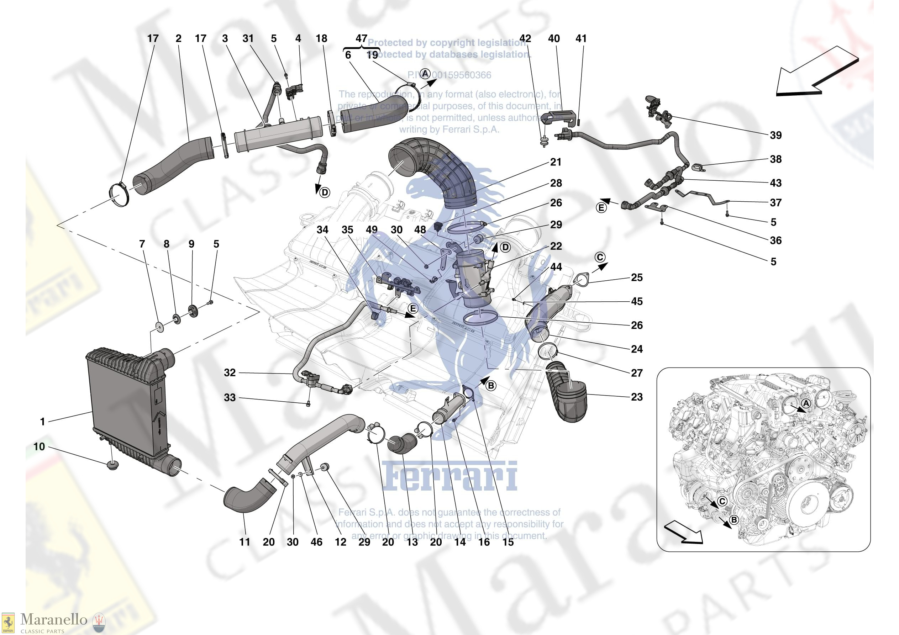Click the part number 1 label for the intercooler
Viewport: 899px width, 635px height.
pyautogui.click(x=42, y=422)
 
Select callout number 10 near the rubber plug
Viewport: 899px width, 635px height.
pyautogui.click(x=39, y=447)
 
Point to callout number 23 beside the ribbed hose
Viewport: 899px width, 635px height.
pyautogui.click(x=637, y=397)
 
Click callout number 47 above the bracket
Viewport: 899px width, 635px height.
pyautogui.click(x=361, y=38)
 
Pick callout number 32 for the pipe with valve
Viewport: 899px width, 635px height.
pyautogui.click(x=230, y=373)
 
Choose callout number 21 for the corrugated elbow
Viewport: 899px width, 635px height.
pyautogui.click(x=556, y=162)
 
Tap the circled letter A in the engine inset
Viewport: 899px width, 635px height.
pyautogui.click(x=805, y=404)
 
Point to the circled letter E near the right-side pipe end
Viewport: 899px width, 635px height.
pyautogui.click(x=601, y=208)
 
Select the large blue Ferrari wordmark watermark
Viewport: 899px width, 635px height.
pyautogui.click(x=449, y=476)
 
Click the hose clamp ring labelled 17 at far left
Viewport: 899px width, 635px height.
pyautogui.click(x=119, y=195)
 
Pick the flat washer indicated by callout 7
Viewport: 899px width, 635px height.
pyautogui.click(x=159, y=326)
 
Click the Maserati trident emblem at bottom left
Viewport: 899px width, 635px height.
pyautogui.click(x=98, y=622)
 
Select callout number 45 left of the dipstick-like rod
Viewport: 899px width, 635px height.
pyautogui.click(x=637, y=301)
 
